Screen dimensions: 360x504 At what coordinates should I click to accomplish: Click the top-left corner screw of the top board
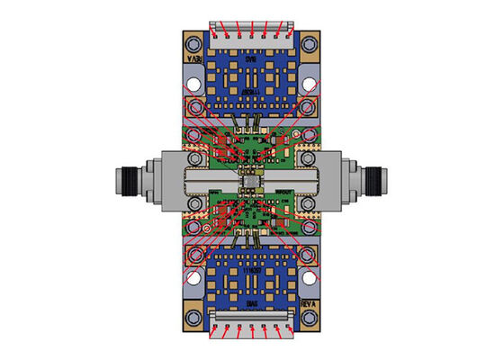tap(192, 42)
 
